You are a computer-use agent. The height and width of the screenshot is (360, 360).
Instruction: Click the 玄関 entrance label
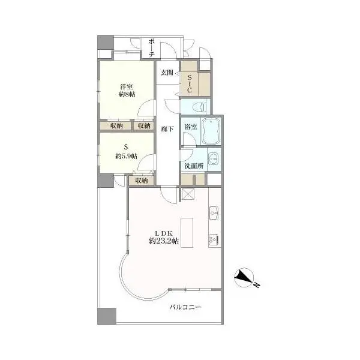point(167,73)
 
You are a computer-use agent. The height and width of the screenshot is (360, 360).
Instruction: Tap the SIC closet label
point(190,83)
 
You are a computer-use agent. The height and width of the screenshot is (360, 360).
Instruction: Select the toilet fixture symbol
point(199,107)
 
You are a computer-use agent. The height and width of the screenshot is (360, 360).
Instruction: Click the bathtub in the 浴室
point(211,131)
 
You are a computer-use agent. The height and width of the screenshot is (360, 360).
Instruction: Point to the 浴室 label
point(191,127)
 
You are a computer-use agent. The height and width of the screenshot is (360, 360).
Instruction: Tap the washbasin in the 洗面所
point(214,158)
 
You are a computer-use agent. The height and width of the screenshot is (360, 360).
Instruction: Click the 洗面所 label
point(194,166)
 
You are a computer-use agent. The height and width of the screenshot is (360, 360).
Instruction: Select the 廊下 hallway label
point(167,129)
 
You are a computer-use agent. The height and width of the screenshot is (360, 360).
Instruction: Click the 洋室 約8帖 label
point(127,91)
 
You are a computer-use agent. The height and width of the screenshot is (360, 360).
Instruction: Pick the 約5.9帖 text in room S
point(126,157)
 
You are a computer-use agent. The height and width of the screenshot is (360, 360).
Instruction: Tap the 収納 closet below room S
point(141,181)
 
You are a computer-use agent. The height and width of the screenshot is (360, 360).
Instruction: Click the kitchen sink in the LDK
point(214,213)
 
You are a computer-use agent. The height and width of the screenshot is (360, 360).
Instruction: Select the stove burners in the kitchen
point(213,240)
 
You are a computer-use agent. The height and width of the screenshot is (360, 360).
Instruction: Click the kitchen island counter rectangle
point(187,233)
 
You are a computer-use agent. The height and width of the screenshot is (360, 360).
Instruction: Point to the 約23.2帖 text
point(164,241)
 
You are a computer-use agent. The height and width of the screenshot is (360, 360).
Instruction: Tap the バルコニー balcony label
point(185,307)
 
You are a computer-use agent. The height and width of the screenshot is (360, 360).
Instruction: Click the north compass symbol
point(246,278)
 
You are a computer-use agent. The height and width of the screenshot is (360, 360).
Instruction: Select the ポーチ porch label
point(151,48)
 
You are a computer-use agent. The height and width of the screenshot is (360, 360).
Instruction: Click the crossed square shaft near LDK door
point(188,194)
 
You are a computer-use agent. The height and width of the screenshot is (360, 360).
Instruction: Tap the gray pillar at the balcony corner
point(107,316)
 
